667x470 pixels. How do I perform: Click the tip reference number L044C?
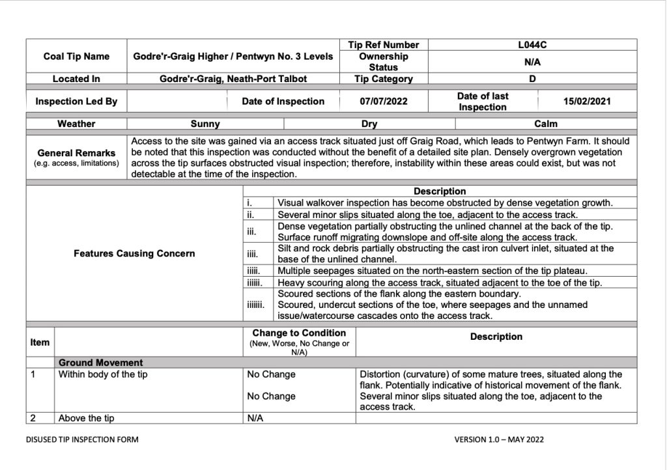[x=533, y=45]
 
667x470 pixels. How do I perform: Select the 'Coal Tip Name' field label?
[x=76, y=57]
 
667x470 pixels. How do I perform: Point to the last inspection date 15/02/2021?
[x=587, y=102]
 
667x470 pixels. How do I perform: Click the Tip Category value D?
[x=532, y=79]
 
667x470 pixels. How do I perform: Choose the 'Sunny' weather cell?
[x=205, y=124]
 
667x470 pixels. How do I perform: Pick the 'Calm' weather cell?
[x=546, y=124]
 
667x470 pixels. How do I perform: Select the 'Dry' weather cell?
[x=369, y=124]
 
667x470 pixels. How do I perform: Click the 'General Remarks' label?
[x=76, y=153]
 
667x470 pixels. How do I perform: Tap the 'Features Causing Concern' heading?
[x=134, y=253]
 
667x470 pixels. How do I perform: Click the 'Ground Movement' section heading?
[x=101, y=363]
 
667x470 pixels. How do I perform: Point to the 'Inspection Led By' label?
[x=76, y=102]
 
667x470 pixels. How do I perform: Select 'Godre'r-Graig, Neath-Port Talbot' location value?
[x=233, y=79]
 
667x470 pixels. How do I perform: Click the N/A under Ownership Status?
[x=533, y=62]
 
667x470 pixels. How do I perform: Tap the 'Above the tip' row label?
[x=86, y=419]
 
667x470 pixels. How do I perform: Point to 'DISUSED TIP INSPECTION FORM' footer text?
[x=82, y=439]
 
